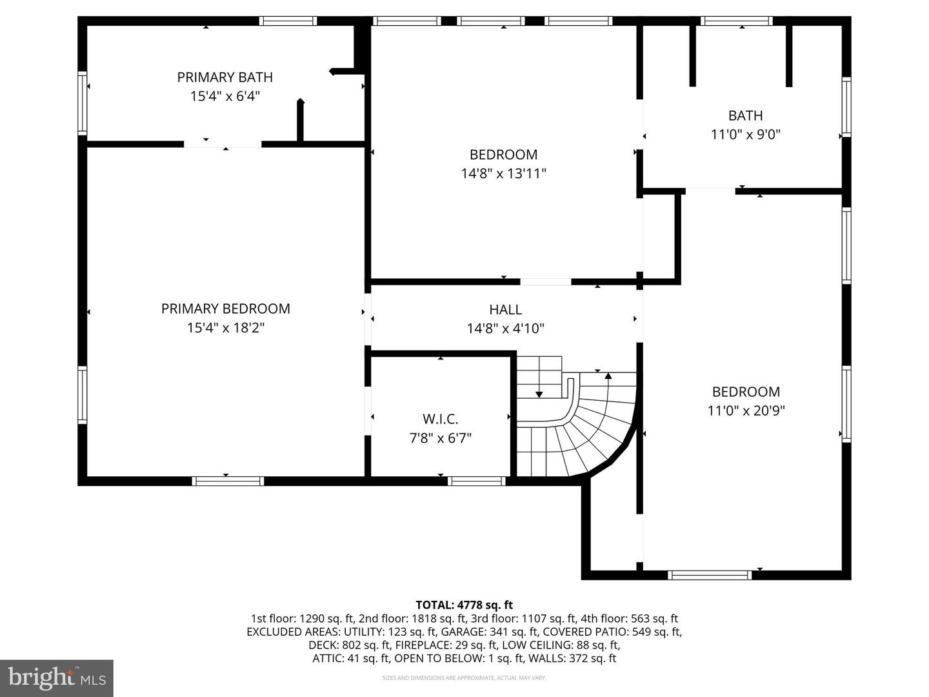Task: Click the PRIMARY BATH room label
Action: (x=225, y=77)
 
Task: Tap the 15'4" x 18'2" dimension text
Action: (x=225, y=328)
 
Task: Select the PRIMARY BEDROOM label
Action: (x=225, y=308)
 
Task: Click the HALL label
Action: (x=505, y=310)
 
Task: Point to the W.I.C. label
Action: (x=440, y=419)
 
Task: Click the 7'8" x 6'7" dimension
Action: (x=440, y=438)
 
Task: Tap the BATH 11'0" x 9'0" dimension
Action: (x=745, y=135)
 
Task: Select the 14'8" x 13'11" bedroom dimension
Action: (x=503, y=174)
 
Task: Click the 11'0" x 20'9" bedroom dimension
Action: (x=746, y=410)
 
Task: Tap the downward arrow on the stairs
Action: (x=539, y=393)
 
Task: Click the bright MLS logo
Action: (x=57, y=678)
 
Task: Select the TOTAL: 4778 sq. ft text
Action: (x=464, y=605)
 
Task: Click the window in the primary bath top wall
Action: (x=288, y=21)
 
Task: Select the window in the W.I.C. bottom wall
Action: (x=477, y=481)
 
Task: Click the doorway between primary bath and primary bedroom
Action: (x=223, y=144)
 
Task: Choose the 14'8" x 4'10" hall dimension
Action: (x=505, y=328)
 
